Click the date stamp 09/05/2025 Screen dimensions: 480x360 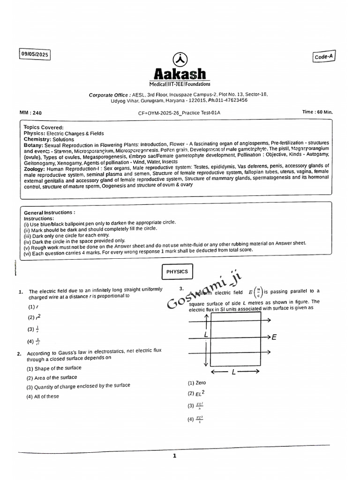pos(35,54)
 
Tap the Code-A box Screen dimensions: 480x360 pos(324,56)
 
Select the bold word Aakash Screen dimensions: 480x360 pos(180,74)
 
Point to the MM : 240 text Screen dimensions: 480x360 pos(31,113)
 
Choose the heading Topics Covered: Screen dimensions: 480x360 pos(44,127)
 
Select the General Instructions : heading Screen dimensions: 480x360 pos(49,212)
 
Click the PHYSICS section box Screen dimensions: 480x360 pos(177,271)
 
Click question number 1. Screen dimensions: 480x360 pos(21,292)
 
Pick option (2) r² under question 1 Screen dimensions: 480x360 pos(32,317)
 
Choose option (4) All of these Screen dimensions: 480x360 pos(43,396)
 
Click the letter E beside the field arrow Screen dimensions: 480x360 pos(274,337)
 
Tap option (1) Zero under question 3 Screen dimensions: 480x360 pos(197,383)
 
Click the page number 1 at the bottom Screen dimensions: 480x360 pos(174,456)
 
